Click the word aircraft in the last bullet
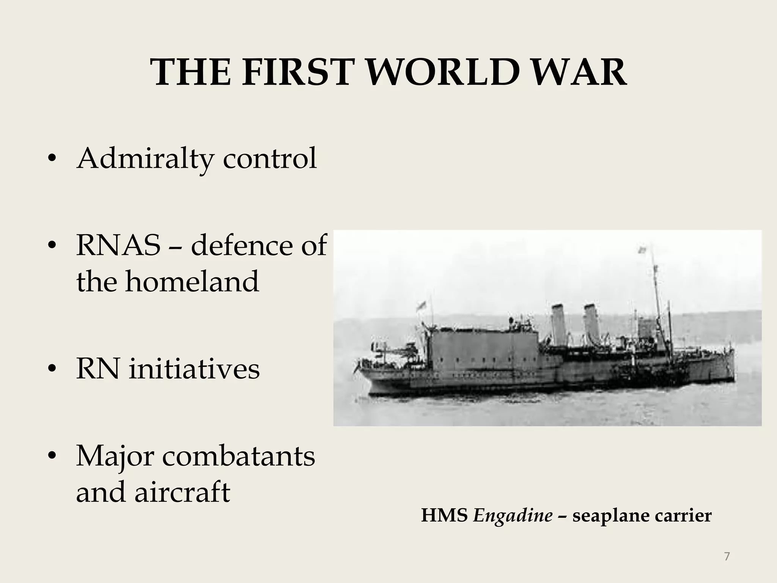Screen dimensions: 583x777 coord(182,492)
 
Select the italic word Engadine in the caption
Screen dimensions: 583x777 coord(513,516)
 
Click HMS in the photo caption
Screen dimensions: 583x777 coord(444,516)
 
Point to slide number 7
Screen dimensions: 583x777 coord(727,557)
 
